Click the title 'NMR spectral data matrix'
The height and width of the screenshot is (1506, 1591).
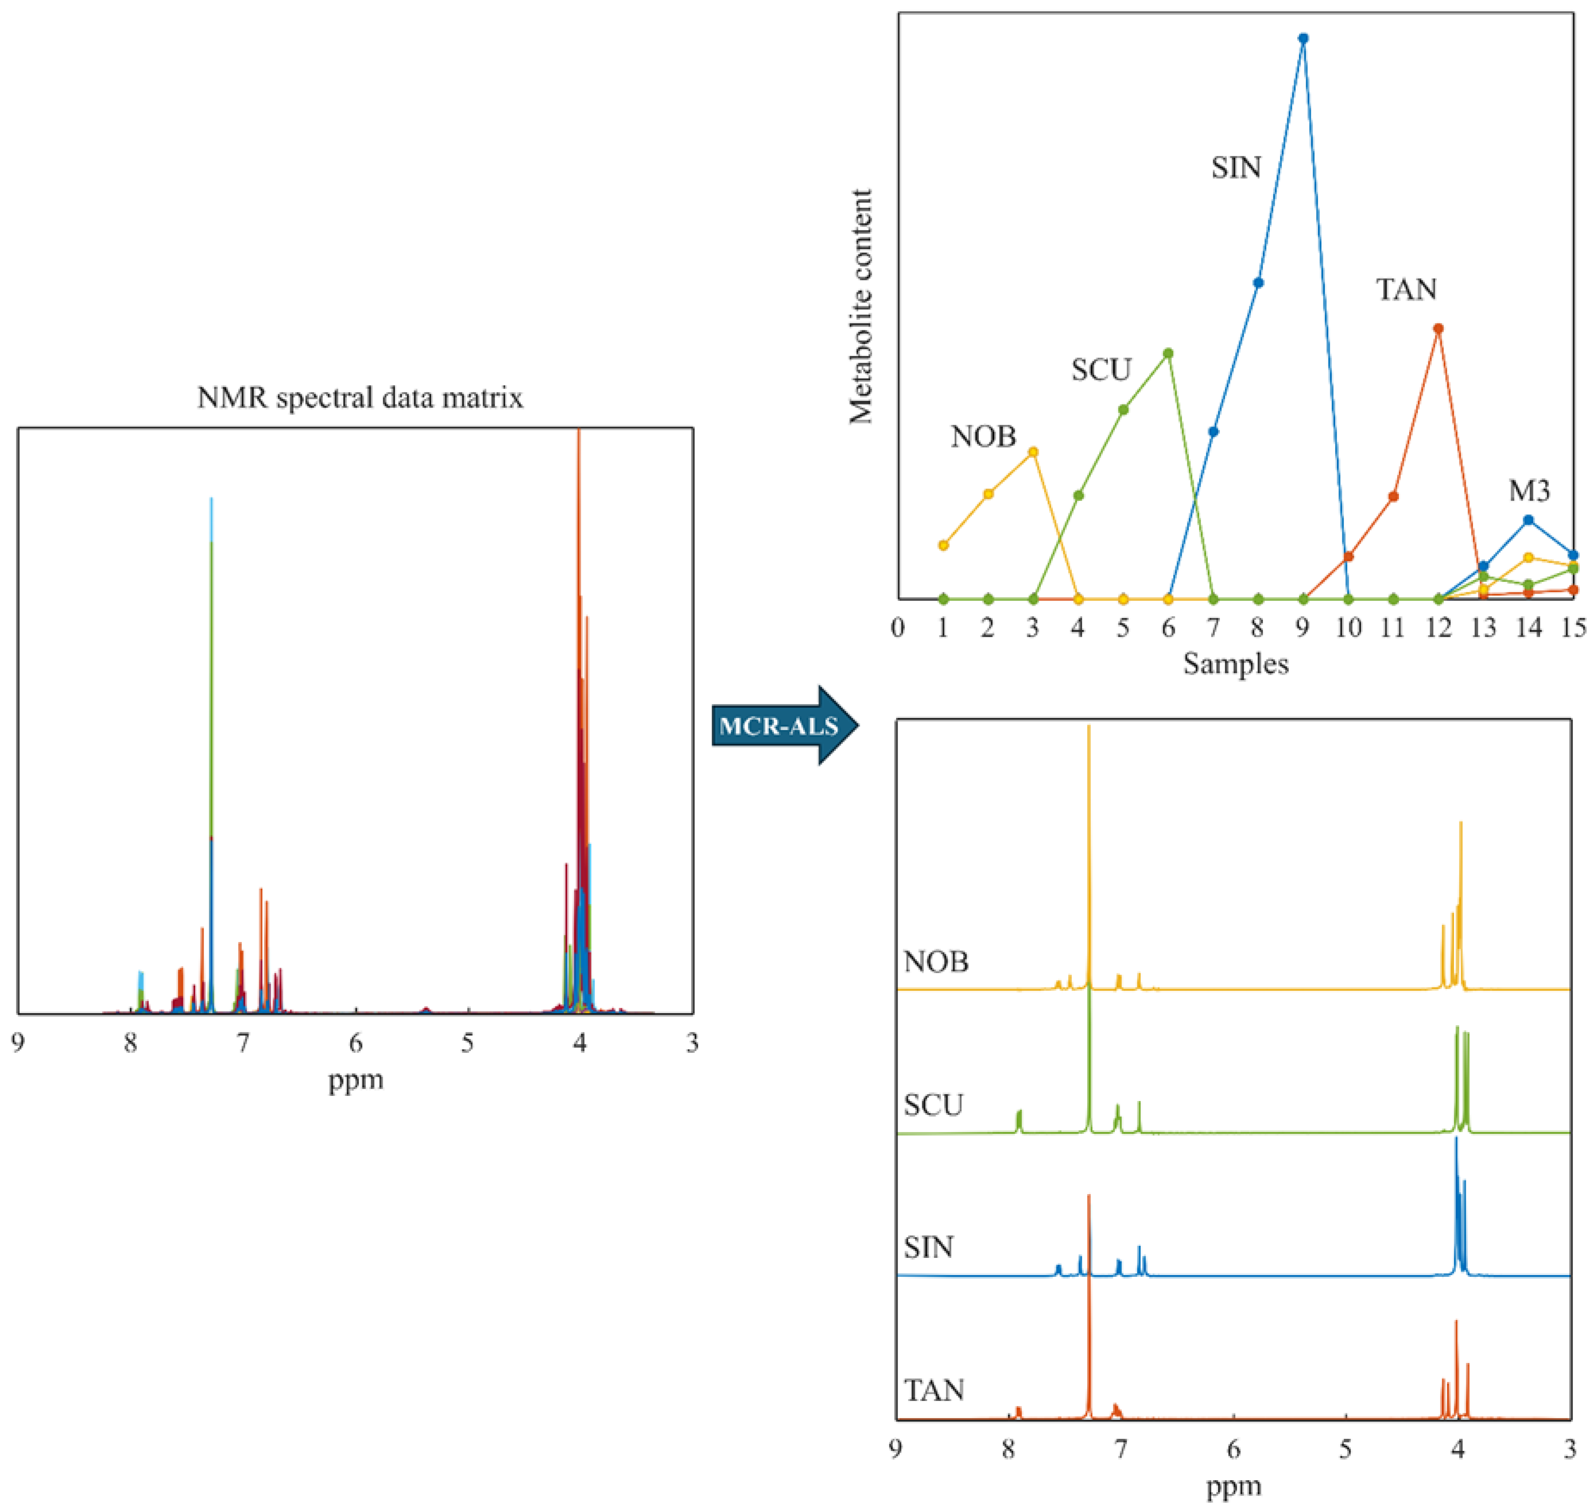coord(360,397)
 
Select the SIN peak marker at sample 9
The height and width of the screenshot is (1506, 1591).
coord(1303,38)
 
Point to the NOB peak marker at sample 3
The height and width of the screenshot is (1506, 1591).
coord(1034,452)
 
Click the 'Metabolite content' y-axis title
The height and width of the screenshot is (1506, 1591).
coord(861,307)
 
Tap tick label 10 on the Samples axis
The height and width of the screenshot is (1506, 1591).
coord(1349,628)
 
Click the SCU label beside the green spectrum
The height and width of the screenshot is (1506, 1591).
coord(933,1105)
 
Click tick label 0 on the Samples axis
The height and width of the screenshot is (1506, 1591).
coord(898,628)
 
